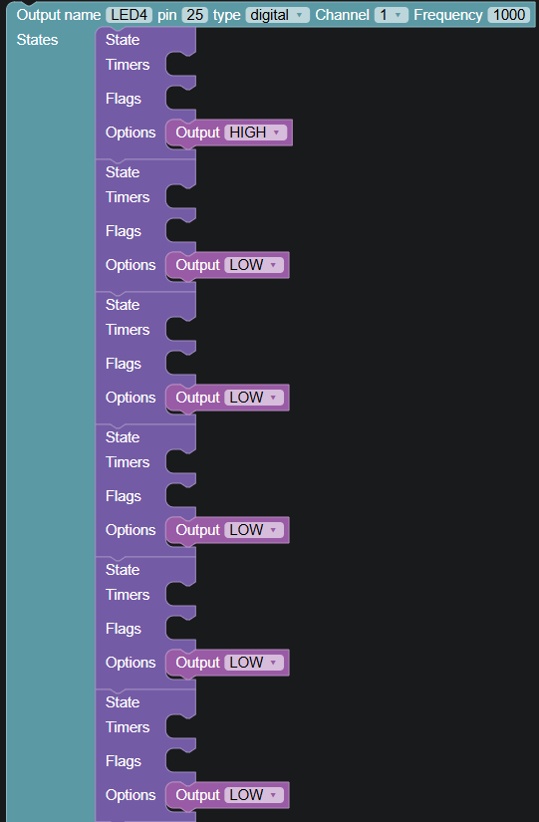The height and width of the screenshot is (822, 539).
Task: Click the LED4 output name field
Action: tap(129, 15)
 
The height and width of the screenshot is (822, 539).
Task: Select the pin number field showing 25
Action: tap(195, 15)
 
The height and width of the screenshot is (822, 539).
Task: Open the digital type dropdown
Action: tap(277, 15)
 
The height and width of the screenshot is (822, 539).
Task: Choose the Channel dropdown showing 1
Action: tap(392, 15)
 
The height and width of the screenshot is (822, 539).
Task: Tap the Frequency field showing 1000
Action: tap(508, 15)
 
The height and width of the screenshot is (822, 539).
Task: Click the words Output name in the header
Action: tap(58, 15)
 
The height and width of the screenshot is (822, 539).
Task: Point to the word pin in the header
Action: tap(166, 15)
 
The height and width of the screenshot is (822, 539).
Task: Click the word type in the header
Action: tap(226, 15)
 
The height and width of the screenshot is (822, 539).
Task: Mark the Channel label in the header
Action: tap(342, 15)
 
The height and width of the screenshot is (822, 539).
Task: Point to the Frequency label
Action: tap(448, 15)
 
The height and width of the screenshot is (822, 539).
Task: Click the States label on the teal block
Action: tap(37, 40)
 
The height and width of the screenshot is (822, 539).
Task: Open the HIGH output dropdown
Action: tap(255, 133)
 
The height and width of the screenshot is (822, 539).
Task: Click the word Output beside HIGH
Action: tap(197, 133)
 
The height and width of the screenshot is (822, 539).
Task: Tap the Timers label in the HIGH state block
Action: tap(128, 65)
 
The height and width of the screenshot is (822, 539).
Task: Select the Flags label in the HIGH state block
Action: tap(124, 99)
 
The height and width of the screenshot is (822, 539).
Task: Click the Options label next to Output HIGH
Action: tap(131, 133)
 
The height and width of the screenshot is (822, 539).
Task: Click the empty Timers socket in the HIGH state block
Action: tap(180, 65)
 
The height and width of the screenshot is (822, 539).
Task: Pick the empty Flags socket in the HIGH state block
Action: tap(180, 99)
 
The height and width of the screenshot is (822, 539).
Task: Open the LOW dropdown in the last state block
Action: tap(254, 795)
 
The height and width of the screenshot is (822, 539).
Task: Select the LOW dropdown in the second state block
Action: tap(254, 265)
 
